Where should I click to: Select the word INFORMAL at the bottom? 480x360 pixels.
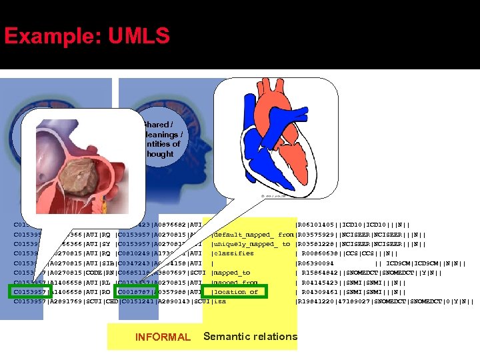tap(162, 337)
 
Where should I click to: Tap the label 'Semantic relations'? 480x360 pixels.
tap(250, 337)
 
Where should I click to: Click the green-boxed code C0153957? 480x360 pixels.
tap(30, 291)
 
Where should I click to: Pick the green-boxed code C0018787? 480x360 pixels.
tap(135, 291)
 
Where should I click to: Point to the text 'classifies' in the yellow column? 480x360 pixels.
tap(233, 253)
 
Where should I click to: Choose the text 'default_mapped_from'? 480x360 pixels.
tap(253, 235)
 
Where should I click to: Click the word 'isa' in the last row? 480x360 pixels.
tap(219, 301)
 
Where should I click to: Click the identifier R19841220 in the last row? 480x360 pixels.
tap(317, 301)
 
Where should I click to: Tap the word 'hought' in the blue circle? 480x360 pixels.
tap(160, 154)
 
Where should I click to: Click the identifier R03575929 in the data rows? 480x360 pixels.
tap(317, 235)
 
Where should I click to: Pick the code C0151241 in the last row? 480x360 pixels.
tap(135, 301)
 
